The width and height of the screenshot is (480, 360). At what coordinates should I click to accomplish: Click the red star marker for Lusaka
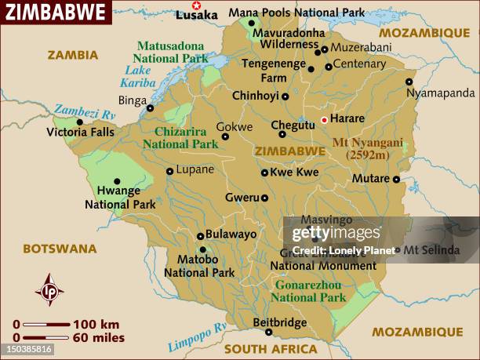[x=196, y=5]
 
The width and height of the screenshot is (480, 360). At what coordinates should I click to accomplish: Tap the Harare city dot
[x=324, y=120]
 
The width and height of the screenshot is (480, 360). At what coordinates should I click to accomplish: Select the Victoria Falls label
[x=80, y=132]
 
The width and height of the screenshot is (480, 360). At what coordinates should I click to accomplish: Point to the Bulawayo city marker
[x=200, y=235]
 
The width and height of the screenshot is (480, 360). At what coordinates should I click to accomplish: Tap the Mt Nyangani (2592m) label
[x=368, y=149]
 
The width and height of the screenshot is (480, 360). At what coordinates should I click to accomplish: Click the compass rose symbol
[x=49, y=289]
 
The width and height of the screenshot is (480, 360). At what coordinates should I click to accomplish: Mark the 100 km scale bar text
[x=96, y=324]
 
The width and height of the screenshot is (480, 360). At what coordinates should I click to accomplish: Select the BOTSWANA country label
[x=60, y=249]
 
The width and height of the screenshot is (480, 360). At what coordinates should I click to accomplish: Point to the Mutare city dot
[x=397, y=180]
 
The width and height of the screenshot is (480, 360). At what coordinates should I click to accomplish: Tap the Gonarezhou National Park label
[x=310, y=291]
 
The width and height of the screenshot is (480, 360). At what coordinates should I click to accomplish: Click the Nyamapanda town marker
[x=409, y=82]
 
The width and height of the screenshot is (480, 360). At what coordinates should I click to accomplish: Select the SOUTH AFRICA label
[x=271, y=349]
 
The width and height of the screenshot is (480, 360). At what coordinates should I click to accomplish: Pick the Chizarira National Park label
[x=186, y=138]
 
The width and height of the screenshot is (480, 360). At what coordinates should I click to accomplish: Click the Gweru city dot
[x=265, y=198]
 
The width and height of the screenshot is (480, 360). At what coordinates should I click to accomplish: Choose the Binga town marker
[x=150, y=108]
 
